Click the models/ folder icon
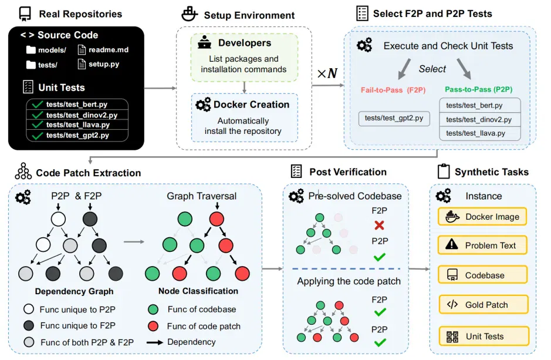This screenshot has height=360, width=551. (31, 49)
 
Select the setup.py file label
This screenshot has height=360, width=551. (104, 64)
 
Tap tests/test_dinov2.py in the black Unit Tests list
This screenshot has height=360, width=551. (82, 115)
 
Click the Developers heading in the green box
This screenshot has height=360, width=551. (245, 43)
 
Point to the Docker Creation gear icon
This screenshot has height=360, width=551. (203, 105)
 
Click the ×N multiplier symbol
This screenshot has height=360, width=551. (327, 73)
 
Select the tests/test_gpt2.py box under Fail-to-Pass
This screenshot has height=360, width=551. (394, 118)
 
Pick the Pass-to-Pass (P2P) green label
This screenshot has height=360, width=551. (479, 89)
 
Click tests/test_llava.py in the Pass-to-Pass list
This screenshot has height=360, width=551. (475, 133)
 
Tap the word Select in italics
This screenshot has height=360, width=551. (432, 69)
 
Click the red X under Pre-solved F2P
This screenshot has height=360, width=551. (379, 225)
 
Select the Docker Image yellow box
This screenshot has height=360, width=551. (482, 217)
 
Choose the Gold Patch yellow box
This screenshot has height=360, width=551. (484, 304)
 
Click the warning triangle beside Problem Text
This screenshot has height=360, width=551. (452, 244)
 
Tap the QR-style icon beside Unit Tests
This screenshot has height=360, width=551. (452, 337)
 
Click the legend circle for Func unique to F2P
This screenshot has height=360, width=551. (29, 325)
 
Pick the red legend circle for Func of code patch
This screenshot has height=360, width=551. (153, 327)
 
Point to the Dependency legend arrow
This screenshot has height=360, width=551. (155, 342)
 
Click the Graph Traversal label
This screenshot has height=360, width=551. (201, 196)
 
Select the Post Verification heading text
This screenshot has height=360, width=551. (348, 172)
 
